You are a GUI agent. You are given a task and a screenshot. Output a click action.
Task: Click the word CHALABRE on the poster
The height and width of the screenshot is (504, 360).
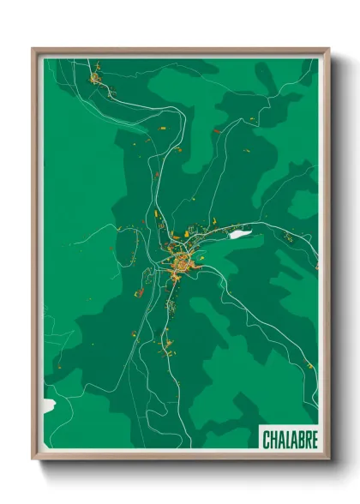290,438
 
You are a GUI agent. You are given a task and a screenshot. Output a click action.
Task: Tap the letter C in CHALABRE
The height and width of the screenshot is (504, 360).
267,438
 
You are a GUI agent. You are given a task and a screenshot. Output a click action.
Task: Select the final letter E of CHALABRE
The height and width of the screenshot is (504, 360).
314,438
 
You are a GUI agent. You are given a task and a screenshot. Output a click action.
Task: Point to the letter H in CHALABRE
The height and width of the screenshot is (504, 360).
273,438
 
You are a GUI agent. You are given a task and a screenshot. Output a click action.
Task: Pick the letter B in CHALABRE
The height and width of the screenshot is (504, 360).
300,438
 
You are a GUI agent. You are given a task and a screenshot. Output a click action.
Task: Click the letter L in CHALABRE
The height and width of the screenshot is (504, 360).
286,438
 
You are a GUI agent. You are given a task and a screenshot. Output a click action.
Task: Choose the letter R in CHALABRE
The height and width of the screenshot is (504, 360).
307,438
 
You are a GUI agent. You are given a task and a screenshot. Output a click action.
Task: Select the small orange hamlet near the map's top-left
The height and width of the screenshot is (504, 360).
94,79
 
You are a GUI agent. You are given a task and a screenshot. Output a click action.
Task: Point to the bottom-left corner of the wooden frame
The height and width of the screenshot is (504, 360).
33,459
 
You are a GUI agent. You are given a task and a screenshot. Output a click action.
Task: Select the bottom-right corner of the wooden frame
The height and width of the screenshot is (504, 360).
328,459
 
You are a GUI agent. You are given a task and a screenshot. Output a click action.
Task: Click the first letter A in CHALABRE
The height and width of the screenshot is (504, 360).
280,438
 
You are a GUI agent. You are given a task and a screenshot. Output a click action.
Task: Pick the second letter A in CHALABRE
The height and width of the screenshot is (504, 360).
293,438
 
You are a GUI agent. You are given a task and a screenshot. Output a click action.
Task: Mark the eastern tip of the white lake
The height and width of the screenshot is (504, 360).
250,231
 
